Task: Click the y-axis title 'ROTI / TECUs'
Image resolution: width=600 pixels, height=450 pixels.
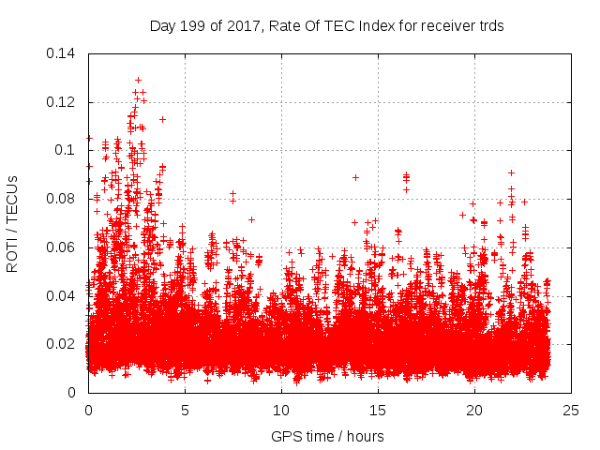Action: (12, 223)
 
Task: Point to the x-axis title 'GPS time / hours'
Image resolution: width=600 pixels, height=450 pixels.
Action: (327, 437)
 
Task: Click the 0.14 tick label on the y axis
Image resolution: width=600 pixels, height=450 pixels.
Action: (62, 53)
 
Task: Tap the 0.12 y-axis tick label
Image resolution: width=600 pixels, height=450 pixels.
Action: (62, 102)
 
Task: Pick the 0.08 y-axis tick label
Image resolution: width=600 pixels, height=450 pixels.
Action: (62, 199)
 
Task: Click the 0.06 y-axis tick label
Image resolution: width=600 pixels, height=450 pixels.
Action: (62, 247)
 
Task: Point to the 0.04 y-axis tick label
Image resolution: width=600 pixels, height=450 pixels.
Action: (62, 296)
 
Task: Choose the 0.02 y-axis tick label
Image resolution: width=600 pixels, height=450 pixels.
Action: (62, 344)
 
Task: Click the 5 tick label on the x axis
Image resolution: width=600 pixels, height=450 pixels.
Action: (185, 411)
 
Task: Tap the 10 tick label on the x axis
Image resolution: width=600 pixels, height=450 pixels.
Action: (281, 411)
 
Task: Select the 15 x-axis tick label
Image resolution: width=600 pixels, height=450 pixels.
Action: (378, 411)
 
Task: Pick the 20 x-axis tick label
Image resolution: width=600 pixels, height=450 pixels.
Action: (474, 411)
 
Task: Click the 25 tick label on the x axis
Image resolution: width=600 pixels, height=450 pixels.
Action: (571, 411)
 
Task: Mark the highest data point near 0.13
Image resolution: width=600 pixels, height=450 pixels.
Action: (138, 81)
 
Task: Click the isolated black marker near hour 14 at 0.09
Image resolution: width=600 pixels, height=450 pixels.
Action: (355, 177)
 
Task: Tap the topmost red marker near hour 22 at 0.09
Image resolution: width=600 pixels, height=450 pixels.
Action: (511, 172)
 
